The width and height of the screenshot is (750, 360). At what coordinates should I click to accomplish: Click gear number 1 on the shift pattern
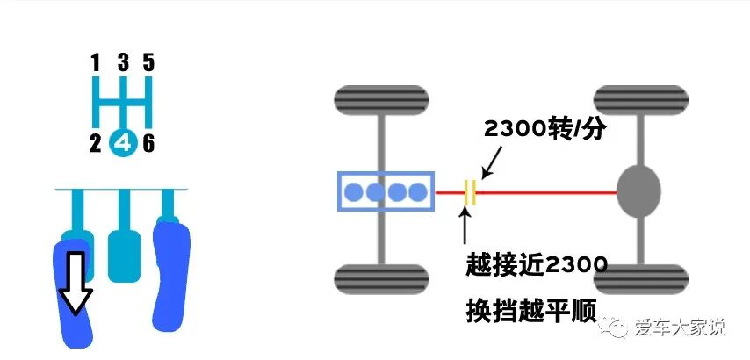(x=96, y=62)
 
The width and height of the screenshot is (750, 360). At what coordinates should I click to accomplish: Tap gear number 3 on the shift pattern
(x=123, y=62)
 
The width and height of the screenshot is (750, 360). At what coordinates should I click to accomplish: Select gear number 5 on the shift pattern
(x=148, y=62)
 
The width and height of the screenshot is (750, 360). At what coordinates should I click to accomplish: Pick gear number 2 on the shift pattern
(x=96, y=143)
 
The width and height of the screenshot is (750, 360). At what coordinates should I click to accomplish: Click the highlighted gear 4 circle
(x=123, y=143)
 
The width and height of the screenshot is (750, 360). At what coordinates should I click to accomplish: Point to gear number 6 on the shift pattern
(x=148, y=143)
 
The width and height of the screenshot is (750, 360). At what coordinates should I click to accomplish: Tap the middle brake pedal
(x=123, y=255)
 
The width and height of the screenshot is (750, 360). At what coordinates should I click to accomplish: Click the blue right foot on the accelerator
(x=170, y=272)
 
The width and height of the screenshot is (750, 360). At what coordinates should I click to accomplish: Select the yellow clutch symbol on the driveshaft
(x=471, y=191)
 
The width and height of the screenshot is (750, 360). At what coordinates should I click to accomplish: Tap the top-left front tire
(x=381, y=101)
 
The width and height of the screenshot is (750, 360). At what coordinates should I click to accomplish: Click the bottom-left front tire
(x=381, y=279)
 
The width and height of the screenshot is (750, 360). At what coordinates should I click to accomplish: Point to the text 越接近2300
(x=536, y=264)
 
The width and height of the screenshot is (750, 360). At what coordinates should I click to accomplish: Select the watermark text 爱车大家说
(x=681, y=328)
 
